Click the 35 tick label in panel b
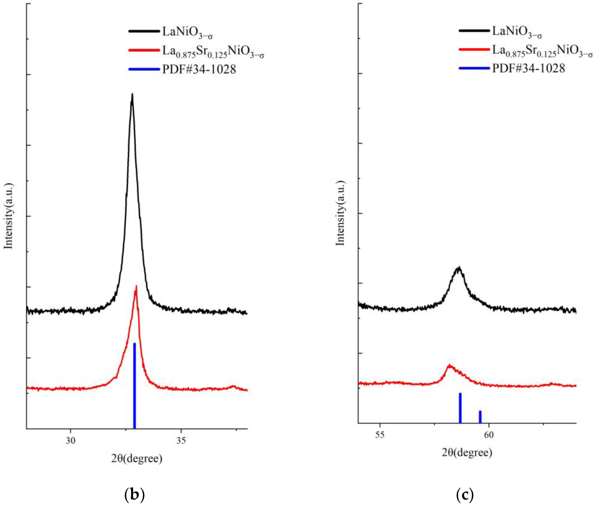click(x=181, y=440)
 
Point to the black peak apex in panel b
click(x=132, y=94)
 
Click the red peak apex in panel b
click(x=136, y=286)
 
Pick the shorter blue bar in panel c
click(x=480, y=416)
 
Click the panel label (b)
click(x=134, y=494)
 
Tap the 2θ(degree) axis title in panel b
click(x=137, y=458)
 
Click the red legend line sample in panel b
click(x=144, y=50)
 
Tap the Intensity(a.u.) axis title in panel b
click(x=9, y=216)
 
